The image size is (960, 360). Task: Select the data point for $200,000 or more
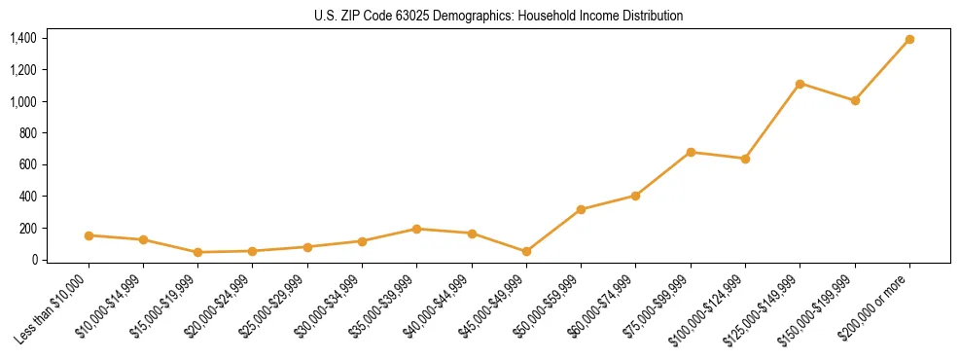tap(909, 39)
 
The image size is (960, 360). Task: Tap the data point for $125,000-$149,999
tap(800, 84)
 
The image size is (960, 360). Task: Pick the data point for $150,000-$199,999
tap(855, 100)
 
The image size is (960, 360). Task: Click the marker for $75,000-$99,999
tap(691, 152)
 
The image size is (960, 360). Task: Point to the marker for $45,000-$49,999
tap(526, 251)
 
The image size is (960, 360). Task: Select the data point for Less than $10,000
tap(89, 235)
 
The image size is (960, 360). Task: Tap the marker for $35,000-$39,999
tap(416, 229)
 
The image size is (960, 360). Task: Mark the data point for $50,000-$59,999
tap(581, 209)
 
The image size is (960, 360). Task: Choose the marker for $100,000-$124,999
tap(745, 159)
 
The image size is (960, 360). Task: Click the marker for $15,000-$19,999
tap(197, 252)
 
